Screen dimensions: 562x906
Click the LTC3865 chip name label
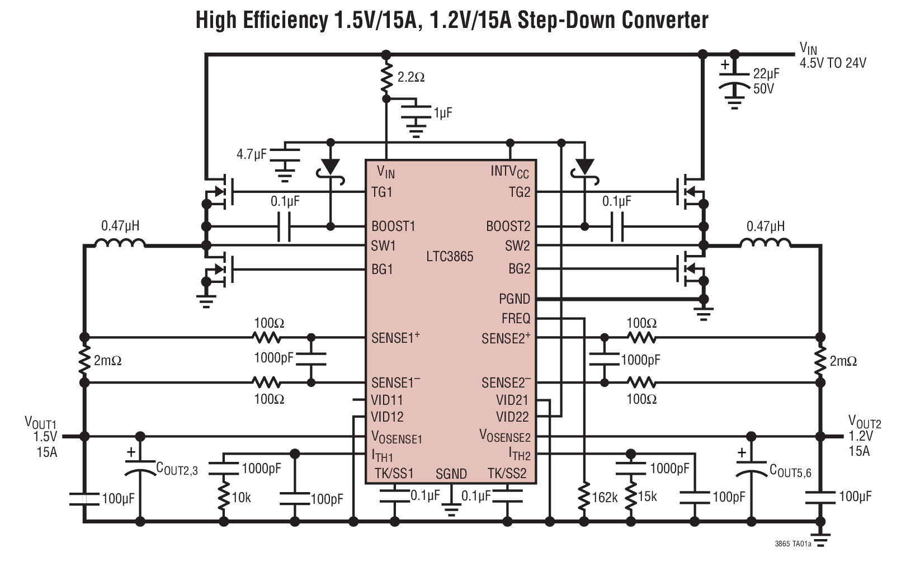click(450, 257)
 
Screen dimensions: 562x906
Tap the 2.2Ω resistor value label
click(411, 77)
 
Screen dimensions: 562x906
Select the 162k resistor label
click(604, 497)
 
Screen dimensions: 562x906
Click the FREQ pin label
click(515, 319)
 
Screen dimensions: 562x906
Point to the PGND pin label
click(514, 299)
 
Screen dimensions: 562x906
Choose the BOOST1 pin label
click(393, 226)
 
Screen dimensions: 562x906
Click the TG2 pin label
click(519, 192)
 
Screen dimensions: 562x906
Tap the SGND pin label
click(451, 474)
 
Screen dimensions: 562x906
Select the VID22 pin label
click(512, 417)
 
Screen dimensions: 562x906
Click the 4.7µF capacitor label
click(252, 154)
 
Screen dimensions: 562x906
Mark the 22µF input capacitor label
click(766, 74)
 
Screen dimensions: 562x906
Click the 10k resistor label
click(241, 497)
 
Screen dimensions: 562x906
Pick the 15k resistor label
click(647, 496)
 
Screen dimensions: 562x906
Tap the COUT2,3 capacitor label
click(177, 469)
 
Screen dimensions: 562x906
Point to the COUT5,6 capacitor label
click(790, 471)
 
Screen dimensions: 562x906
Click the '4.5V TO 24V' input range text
click(832, 63)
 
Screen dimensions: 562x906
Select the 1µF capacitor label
click(442, 113)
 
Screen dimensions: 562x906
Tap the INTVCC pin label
click(509, 172)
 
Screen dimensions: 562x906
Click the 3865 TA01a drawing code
click(792, 544)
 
